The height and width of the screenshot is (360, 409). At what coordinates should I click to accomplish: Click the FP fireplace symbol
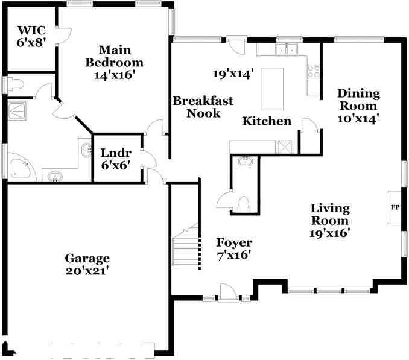pos(395,207)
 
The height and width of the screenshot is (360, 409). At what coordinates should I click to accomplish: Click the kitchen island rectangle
pos(272,88)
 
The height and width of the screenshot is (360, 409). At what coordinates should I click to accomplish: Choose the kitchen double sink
pos(288,49)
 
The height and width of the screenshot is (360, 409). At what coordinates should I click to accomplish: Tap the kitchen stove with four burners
pos(314,72)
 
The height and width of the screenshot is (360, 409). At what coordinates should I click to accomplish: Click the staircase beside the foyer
pos(185,250)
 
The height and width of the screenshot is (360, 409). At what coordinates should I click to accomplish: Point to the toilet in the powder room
pos(244,204)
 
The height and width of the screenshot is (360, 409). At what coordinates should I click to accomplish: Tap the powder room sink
pos(246,161)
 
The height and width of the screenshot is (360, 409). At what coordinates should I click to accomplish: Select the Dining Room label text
pos(358,99)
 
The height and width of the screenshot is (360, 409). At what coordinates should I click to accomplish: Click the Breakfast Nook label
pos(203,107)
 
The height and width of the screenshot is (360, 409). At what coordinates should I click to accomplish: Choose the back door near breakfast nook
pos(236,43)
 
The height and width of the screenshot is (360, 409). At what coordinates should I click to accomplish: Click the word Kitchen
pos(267,121)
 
